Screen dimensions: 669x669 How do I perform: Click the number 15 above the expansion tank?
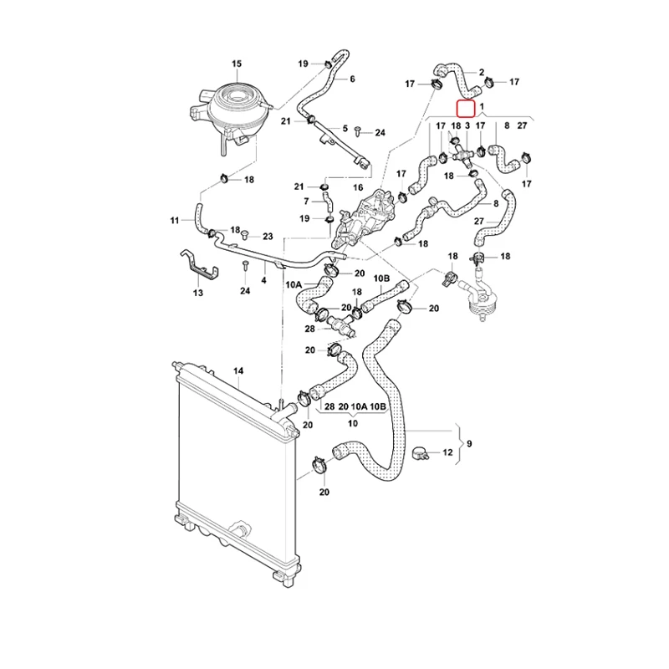tap(236, 64)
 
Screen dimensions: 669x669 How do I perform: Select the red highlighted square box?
tap(464, 107)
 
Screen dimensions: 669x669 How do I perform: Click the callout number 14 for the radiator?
tap(237, 370)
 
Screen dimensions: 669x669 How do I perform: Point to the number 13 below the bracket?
tap(198, 294)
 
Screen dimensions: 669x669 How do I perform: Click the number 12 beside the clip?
tap(447, 452)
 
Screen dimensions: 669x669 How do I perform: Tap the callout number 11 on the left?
tap(175, 221)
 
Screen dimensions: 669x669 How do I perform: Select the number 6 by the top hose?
tap(352, 79)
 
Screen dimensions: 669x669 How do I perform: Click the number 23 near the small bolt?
tap(268, 237)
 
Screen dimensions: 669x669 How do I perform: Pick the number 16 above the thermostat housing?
tap(358, 188)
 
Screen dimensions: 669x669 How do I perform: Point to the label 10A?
tap(294, 285)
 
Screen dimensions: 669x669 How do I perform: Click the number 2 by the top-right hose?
tap(481, 72)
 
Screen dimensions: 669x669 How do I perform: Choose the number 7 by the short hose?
tap(306, 202)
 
